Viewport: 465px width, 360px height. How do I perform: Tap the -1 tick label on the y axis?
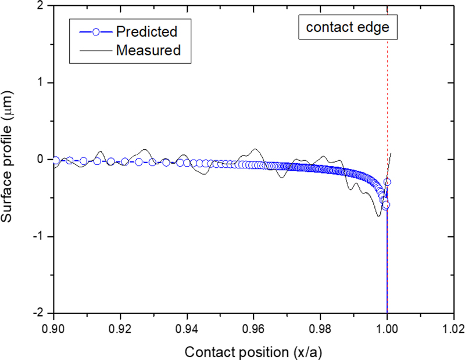38,236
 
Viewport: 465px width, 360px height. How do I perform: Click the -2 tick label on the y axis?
38,312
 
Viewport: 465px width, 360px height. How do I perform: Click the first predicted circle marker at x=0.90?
55,160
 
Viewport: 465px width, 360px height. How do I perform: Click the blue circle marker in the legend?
94,31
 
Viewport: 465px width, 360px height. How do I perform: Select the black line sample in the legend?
94,50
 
